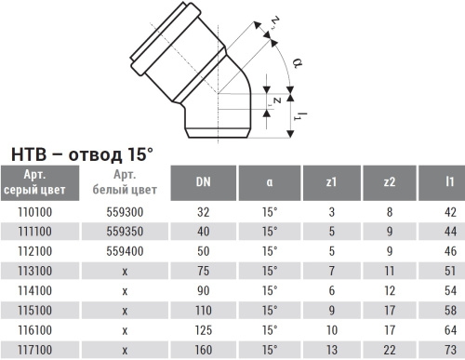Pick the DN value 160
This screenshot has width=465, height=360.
point(203,350)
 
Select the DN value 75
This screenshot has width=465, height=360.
point(203,271)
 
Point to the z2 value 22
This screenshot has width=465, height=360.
point(391,350)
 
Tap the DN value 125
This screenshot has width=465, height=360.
point(203,330)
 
